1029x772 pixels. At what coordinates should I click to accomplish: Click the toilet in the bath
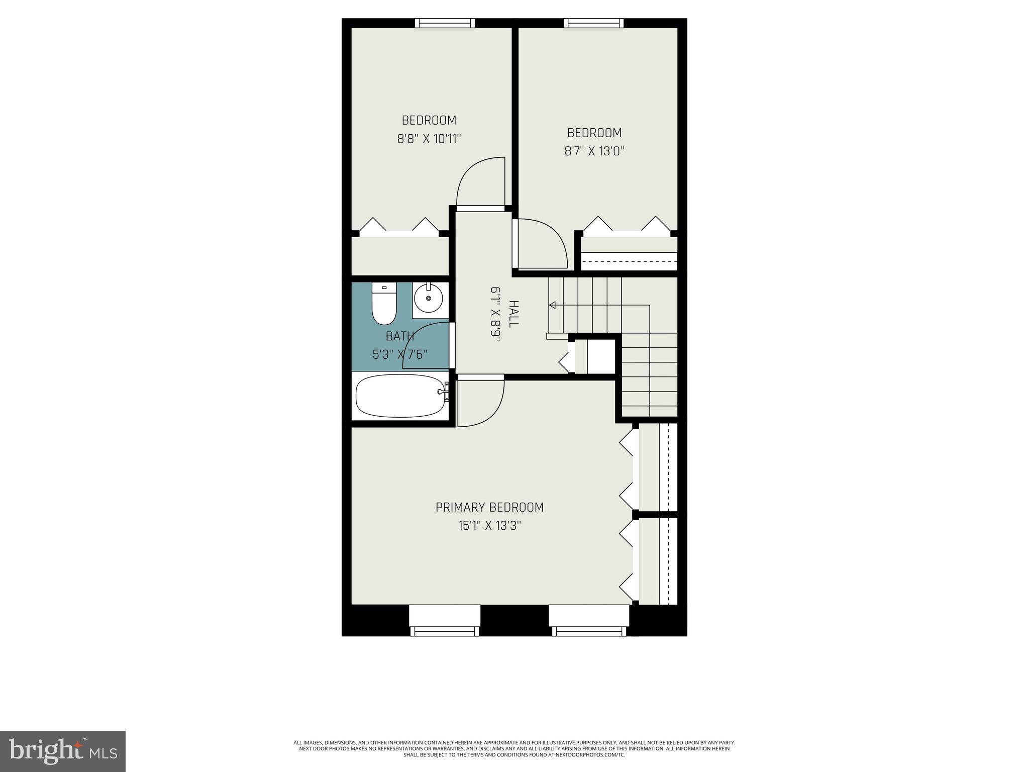pyautogui.click(x=384, y=305)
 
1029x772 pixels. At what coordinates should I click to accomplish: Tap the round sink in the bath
pyautogui.click(x=429, y=299)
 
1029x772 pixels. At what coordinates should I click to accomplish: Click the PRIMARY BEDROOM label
pyautogui.click(x=489, y=507)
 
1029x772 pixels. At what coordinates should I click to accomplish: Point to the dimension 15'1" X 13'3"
pyautogui.click(x=489, y=526)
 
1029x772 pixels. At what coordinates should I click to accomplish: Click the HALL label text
pyautogui.click(x=513, y=314)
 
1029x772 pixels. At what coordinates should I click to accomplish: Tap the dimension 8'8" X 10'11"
pyautogui.click(x=429, y=139)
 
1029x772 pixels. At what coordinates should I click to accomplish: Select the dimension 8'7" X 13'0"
pyautogui.click(x=594, y=151)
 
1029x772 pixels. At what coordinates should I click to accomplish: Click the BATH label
pyautogui.click(x=400, y=336)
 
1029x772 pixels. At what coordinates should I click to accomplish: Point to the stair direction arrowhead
pyautogui.click(x=552, y=305)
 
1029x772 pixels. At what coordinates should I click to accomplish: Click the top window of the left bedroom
pyautogui.click(x=445, y=23)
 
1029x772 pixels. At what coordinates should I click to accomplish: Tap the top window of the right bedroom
pyautogui.click(x=593, y=23)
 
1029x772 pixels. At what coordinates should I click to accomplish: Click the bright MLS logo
pyautogui.click(x=63, y=751)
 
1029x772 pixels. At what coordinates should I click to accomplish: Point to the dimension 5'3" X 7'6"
pyautogui.click(x=400, y=354)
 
